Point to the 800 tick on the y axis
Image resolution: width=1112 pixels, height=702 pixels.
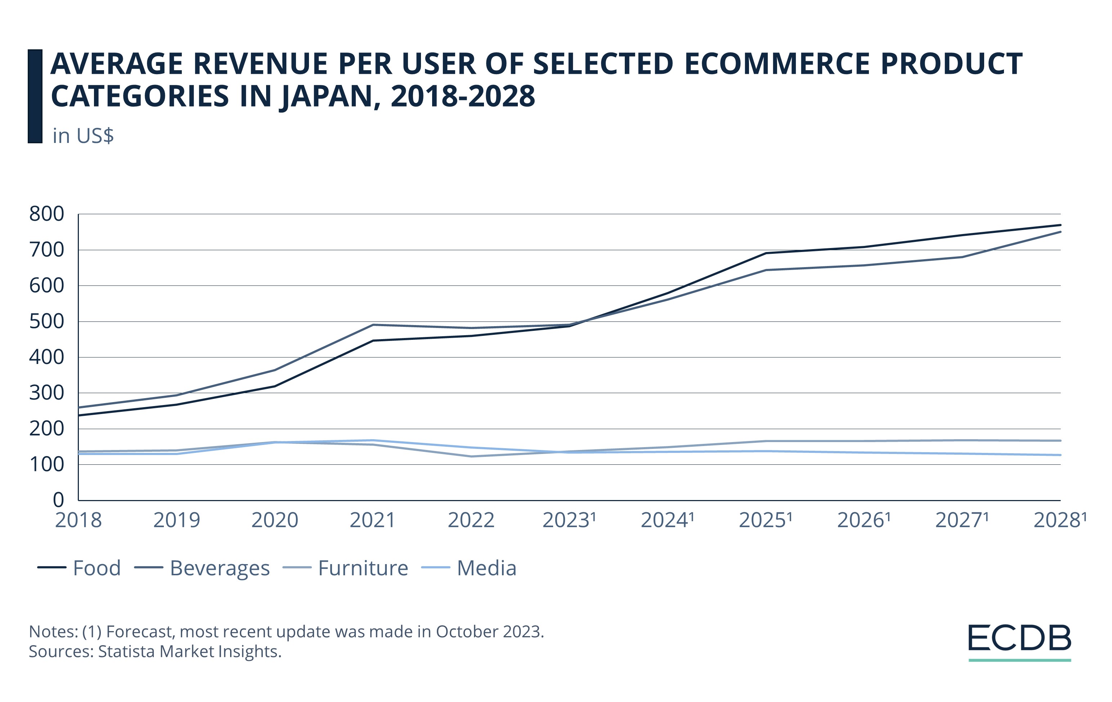47,214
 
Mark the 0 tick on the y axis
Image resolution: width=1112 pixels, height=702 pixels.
58,500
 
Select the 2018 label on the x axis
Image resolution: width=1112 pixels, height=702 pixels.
78,521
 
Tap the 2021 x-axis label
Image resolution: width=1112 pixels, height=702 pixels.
373,521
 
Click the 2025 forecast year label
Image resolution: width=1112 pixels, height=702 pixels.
765,521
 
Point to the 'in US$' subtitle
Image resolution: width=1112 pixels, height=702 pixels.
83,136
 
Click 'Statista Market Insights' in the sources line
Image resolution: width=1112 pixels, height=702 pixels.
189,651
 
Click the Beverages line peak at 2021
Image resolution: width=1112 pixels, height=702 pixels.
373,324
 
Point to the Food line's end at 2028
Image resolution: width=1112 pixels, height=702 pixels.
1060,225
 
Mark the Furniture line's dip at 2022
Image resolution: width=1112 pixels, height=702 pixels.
471,456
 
